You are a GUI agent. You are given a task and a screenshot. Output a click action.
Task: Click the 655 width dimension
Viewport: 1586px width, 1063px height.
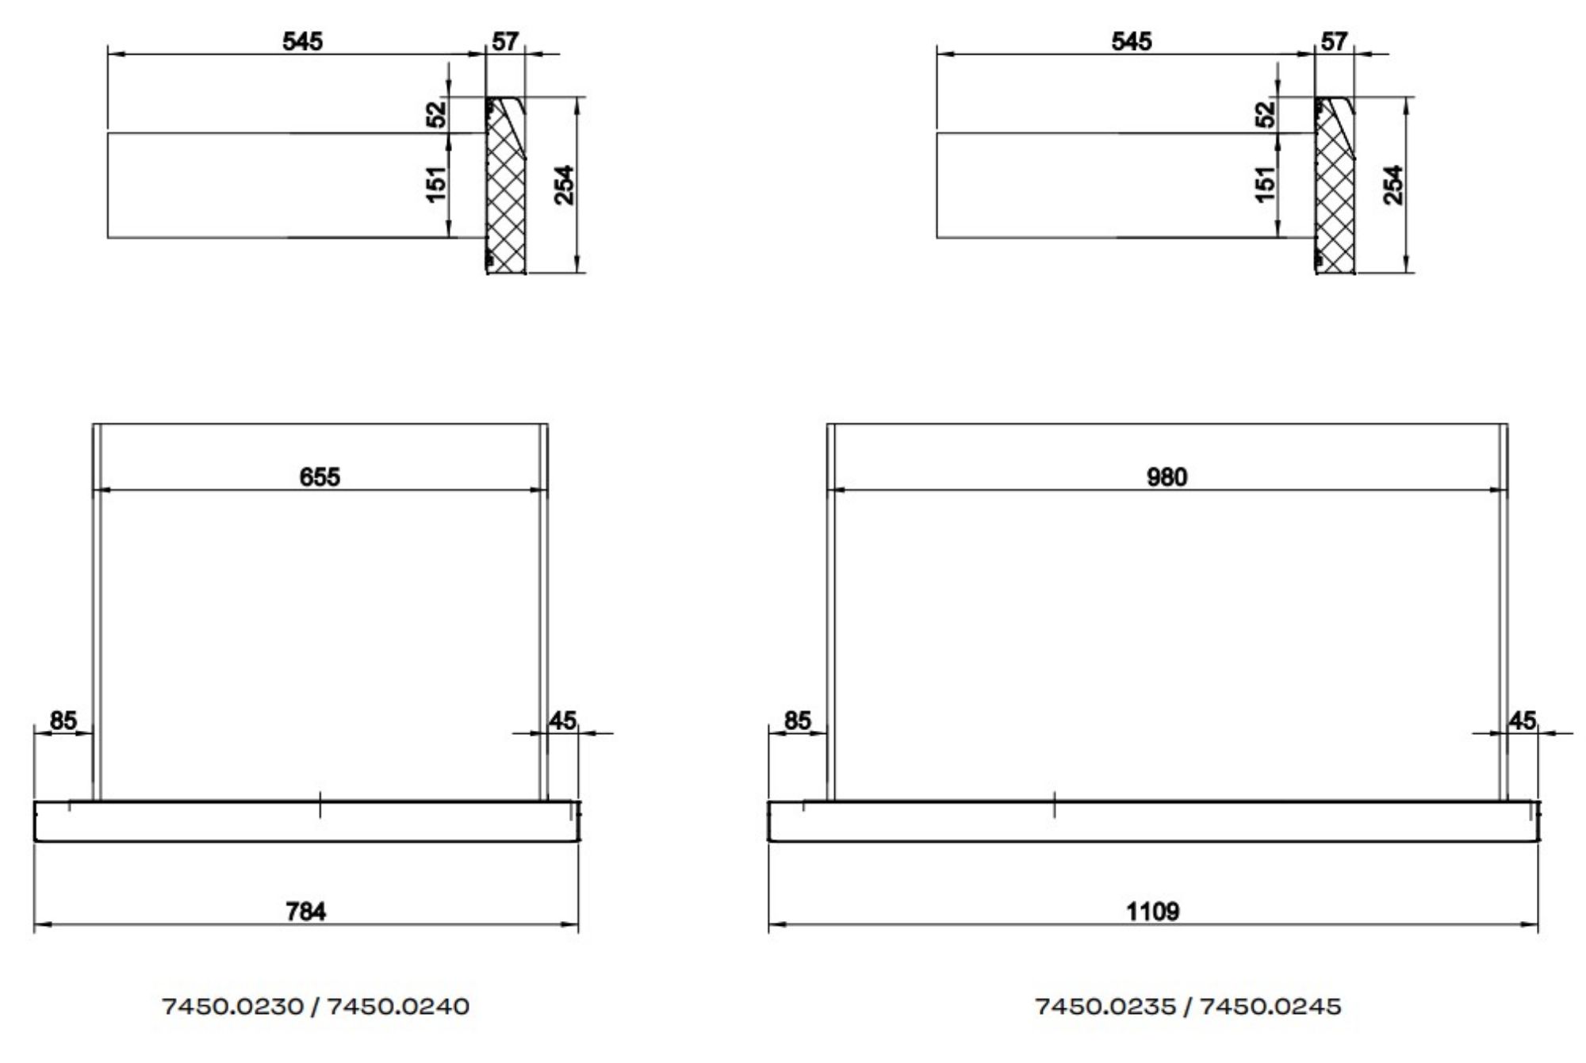click(320, 476)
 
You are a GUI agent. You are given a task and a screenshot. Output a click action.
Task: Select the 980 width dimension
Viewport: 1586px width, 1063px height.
click(1167, 476)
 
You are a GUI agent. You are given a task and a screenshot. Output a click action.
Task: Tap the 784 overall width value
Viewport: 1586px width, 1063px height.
click(306, 912)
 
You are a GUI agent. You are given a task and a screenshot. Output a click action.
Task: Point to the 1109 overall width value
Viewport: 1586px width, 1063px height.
click(1153, 912)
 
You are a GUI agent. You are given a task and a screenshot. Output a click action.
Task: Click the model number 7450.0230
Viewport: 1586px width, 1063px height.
click(232, 1007)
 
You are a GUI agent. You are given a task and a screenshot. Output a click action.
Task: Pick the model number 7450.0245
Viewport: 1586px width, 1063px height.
click(1270, 1007)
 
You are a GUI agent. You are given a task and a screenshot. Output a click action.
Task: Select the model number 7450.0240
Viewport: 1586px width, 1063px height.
click(398, 1007)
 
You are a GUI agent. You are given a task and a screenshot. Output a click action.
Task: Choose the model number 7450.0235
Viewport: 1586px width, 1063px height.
click(1105, 1007)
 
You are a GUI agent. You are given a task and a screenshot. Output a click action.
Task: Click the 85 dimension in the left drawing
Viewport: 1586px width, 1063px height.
click(63, 721)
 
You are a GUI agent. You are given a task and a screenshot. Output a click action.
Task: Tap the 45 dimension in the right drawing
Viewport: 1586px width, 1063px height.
click(1522, 721)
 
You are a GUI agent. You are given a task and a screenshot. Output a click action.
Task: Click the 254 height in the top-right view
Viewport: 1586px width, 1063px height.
click(1393, 185)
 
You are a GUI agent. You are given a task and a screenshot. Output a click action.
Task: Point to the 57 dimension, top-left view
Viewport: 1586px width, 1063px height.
click(505, 41)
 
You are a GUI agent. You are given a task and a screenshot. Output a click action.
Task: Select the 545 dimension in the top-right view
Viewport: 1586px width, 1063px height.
click(1132, 41)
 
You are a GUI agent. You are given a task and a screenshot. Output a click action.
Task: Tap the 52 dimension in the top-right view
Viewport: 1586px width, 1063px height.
click(1266, 114)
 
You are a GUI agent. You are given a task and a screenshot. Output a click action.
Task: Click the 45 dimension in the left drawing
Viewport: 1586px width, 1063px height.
click(562, 721)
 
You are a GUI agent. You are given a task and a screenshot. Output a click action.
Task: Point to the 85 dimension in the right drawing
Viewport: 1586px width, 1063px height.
click(797, 721)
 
